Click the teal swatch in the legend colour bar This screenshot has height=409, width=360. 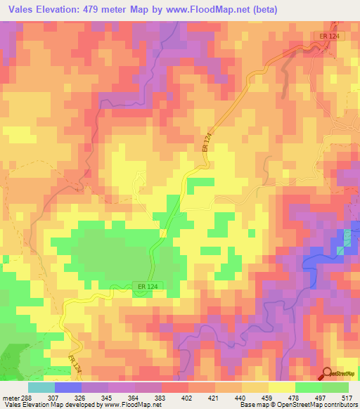click(x=41, y=387)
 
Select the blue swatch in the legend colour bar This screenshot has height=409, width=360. click(x=68, y=387)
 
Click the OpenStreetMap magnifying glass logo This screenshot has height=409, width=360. click(x=326, y=373)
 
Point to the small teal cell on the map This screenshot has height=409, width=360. click(x=340, y=250)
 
